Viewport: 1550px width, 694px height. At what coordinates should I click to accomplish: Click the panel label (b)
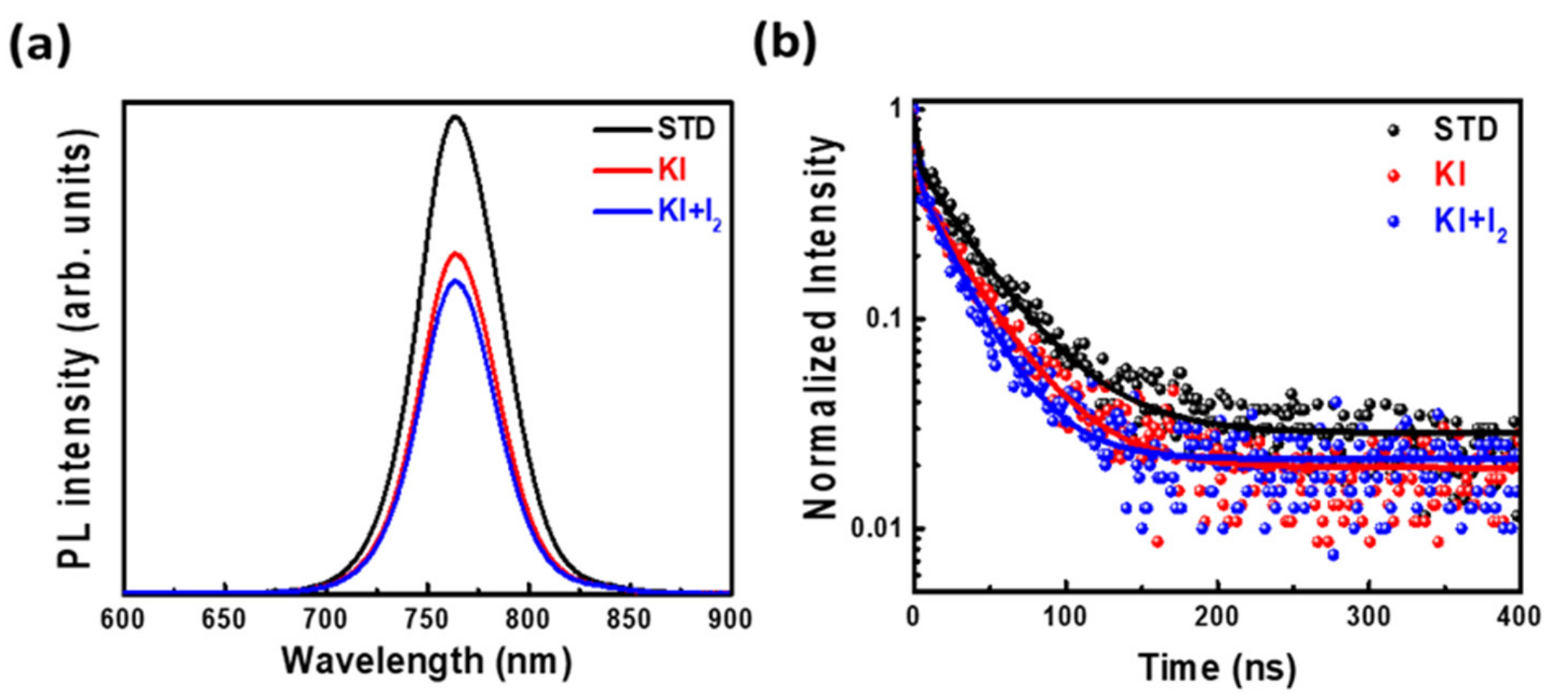pos(784,42)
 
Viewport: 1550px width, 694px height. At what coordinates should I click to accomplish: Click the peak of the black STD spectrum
pos(455,117)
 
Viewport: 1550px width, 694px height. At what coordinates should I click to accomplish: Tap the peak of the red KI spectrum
pos(455,253)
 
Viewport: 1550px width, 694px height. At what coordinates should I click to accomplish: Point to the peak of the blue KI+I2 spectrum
pos(455,281)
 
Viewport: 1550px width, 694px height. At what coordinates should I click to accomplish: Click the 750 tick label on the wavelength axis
pos(427,619)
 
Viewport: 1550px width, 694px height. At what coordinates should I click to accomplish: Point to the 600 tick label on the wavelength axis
pos(123,619)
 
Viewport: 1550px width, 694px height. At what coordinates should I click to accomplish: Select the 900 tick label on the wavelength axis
pos(729,619)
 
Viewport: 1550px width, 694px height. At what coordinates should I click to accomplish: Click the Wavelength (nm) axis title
pos(426,661)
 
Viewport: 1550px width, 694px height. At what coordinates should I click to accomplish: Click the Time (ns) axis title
pos(1217,667)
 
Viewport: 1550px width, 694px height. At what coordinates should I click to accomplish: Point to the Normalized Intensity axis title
pos(821,327)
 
